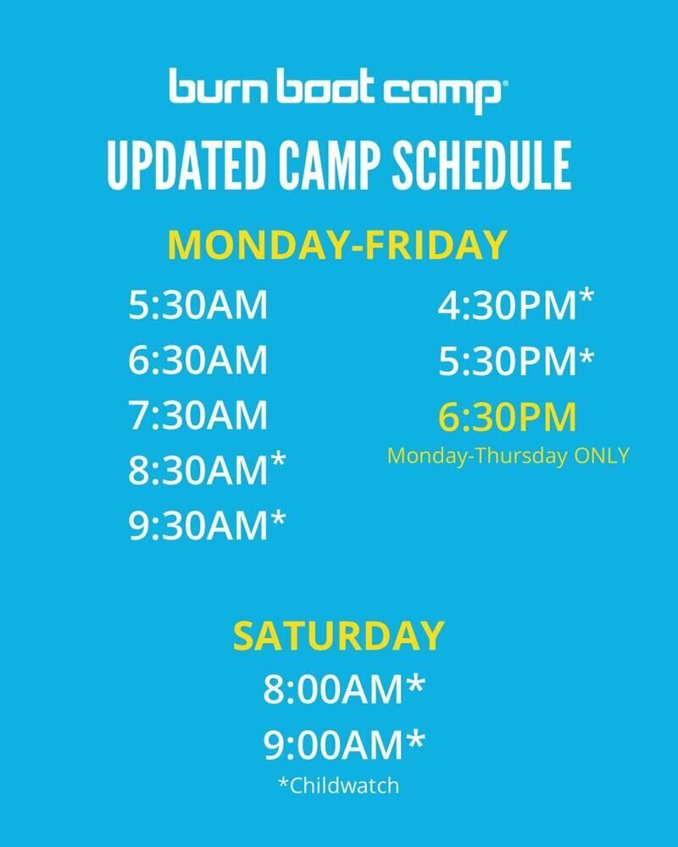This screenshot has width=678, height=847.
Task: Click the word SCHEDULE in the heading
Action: [x=481, y=165]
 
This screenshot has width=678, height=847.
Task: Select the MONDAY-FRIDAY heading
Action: [x=338, y=245]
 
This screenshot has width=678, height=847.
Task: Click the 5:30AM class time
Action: [x=197, y=305]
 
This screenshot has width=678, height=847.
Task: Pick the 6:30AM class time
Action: [x=197, y=360]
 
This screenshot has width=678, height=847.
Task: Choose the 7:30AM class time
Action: [x=197, y=415]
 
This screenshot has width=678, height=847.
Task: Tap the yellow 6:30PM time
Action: [x=508, y=417]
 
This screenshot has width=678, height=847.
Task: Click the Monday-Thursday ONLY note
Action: [x=508, y=456]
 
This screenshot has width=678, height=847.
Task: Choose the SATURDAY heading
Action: [x=339, y=636]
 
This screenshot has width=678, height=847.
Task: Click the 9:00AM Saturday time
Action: [x=344, y=744]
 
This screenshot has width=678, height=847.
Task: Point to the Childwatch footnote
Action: [x=339, y=785]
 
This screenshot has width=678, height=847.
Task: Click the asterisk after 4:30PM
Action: [x=586, y=297]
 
